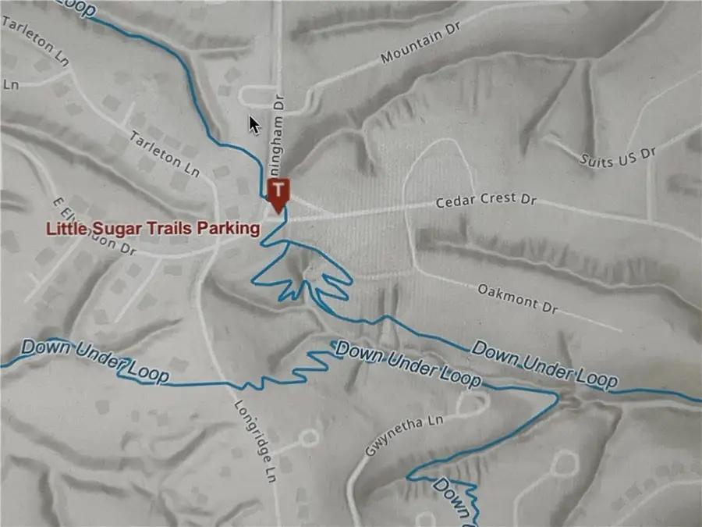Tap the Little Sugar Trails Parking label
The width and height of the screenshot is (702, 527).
pyautogui.click(x=152, y=229)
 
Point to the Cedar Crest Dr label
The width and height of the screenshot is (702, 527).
pyautogui.click(x=487, y=201)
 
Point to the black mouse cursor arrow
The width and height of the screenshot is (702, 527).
pyautogui.click(x=254, y=124)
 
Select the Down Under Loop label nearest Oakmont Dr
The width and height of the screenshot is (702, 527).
pyautogui.click(x=544, y=365)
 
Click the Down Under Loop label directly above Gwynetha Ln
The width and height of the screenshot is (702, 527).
pyautogui.click(x=407, y=367)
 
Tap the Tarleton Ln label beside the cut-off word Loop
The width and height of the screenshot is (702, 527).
pyautogui.click(x=35, y=37)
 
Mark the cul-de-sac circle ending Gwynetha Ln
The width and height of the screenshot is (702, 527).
pyautogui.click(x=470, y=402)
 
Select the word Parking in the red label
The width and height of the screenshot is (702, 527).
pyautogui.click(x=230, y=229)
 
